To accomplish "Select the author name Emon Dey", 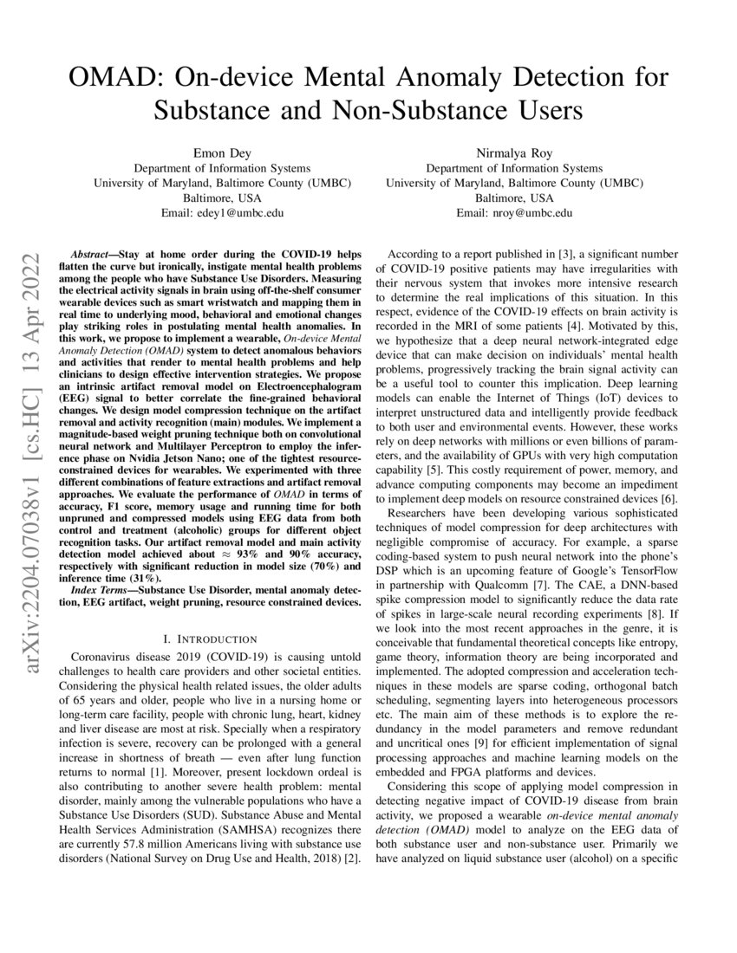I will pyautogui.click(x=222, y=153).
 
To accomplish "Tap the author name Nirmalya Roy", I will pyautogui.click(x=513, y=153).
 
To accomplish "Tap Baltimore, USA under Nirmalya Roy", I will pyautogui.click(x=513, y=198).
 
